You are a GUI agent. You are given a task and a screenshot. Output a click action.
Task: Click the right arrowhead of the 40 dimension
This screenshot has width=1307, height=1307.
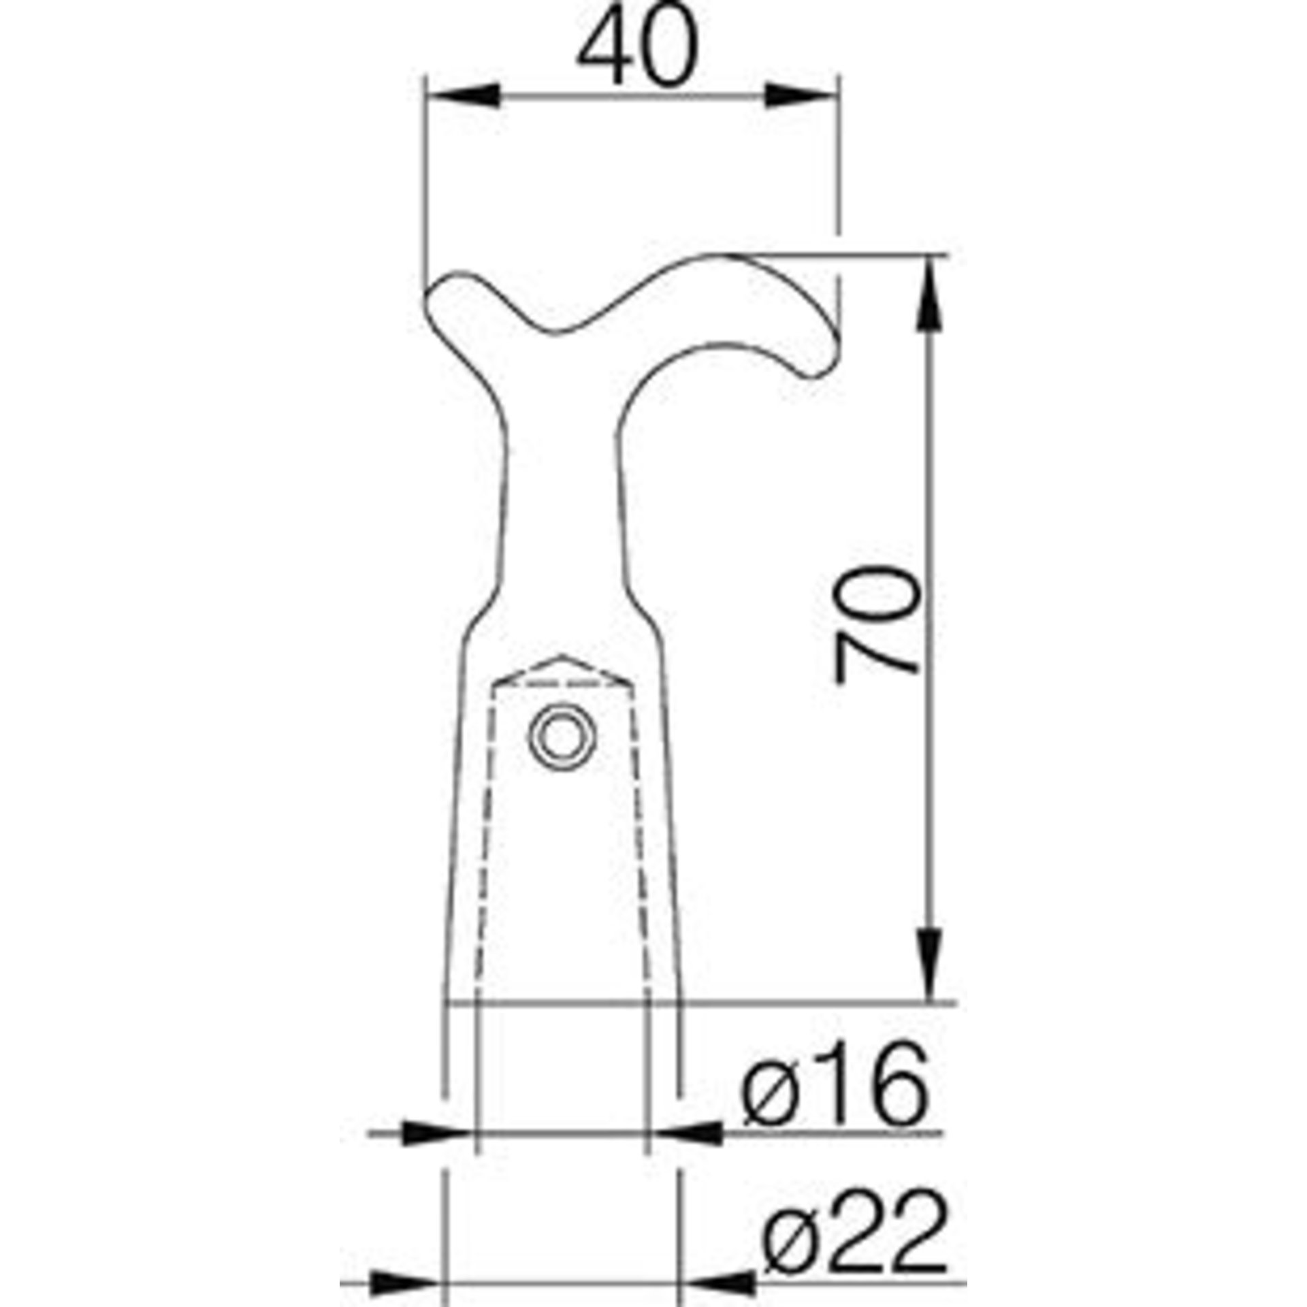tap(801, 95)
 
